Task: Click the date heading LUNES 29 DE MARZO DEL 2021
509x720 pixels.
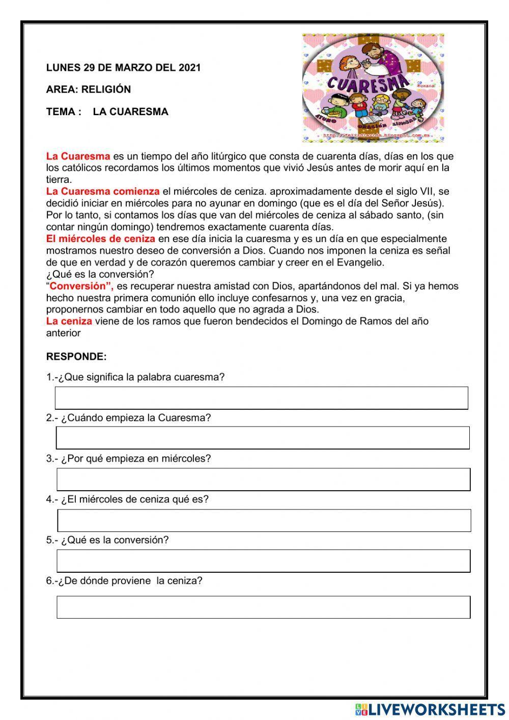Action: pyautogui.click(x=123, y=68)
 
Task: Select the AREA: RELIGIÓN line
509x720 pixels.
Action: pyautogui.click(x=88, y=90)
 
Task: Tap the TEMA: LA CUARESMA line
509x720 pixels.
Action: pyautogui.click(x=107, y=112)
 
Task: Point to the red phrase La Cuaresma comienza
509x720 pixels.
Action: pyautogui.click(x=103, y=192)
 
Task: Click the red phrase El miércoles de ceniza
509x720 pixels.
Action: pyautogui.click(x=100, y=239)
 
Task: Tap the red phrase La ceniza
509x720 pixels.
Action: pyautogui.click(x=69, y=322)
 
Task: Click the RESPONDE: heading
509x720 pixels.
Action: pyautogui.click(x=76, y=357)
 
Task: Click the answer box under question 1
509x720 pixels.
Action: pyautogui.click(x=261, y=398)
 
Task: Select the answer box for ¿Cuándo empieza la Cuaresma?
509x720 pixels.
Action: pyautogui.click(x=263, y=438)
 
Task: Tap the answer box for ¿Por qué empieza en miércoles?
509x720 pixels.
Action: pyautogui.click(x=263, y=479)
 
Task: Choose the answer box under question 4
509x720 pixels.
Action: pyautogui.click(x=264, y=520)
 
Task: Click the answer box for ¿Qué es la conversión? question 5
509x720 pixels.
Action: pyautogui.click(x=263, y=561)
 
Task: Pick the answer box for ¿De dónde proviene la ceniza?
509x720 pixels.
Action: pyautogui.click(x=263, y=607)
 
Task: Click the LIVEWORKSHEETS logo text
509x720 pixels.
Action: pyautogui.click(x=436, y=709)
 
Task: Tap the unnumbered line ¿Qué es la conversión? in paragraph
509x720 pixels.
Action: pyautogui.click(x=100, y=274)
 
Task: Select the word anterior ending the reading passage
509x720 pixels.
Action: pyautogui.click(x=64, y=333)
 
